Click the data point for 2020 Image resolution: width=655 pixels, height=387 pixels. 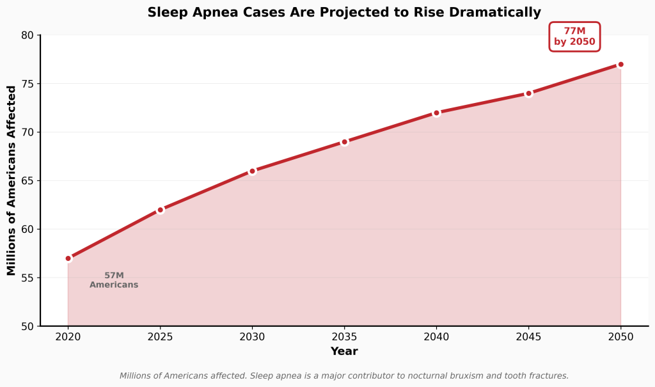point(68,258)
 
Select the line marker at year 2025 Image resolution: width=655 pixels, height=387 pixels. point(161,210)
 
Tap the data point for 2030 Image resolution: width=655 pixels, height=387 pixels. point(252,171)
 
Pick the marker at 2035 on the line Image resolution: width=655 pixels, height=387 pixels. point(344,142)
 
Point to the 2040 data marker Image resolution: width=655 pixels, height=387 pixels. point(436,113)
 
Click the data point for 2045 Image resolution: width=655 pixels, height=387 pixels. point(528,93)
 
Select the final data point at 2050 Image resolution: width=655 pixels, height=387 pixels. point(620,65)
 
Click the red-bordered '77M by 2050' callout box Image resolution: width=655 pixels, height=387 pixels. point(574,36)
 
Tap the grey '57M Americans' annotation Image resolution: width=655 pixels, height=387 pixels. point(114,280)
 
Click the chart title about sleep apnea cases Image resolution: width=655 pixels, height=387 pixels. point(344,12)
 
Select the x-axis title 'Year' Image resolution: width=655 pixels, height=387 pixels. point(344,351)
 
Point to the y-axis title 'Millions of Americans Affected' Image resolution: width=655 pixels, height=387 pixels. point(12,180)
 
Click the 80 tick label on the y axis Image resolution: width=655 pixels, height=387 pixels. point(27,35)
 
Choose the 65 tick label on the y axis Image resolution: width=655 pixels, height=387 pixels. point(27,181)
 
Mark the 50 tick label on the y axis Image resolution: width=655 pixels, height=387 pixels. point(27,326)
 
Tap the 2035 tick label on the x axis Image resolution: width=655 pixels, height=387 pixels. point(344,336)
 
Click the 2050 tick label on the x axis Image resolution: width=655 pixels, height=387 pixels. point(620,336)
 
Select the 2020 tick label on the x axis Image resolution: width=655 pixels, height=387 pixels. point(68,336)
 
